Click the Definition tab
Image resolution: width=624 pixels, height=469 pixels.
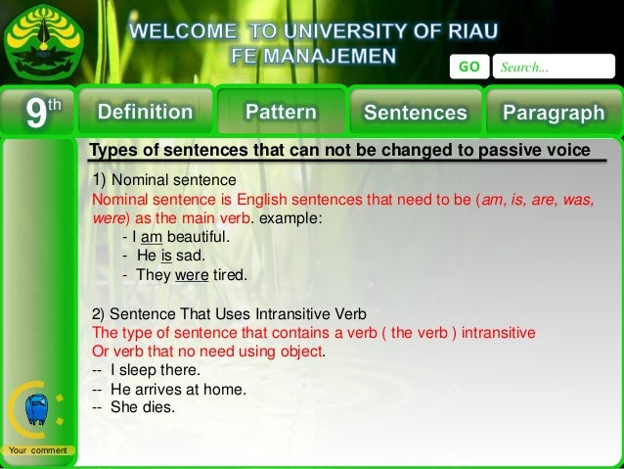[145, 112]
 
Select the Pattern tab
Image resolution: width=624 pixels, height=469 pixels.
[281, 112]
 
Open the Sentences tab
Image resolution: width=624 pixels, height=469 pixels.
[415, 112]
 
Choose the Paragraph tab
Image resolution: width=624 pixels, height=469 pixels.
[554, 112]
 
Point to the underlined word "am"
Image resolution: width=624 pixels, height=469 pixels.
[151, 237]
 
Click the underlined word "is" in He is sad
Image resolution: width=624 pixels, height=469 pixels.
[166, 256]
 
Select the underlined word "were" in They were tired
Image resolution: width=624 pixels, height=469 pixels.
[192, 275]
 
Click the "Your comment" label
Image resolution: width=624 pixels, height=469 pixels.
[35, 449]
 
